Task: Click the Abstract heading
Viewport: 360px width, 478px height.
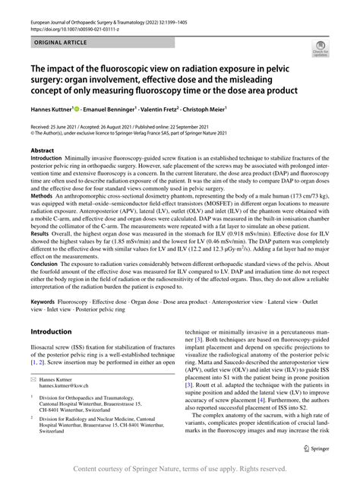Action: pos(42,150)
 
